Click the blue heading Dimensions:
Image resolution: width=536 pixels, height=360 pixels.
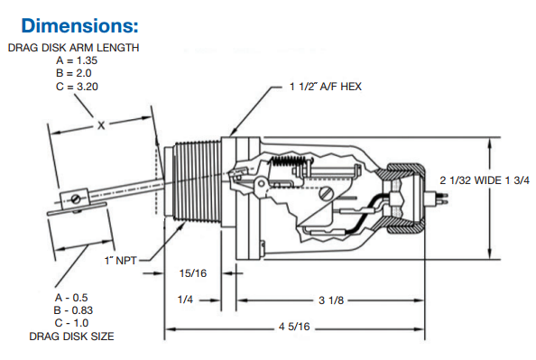[79, 25]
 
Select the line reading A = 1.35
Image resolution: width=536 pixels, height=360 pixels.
[77, 60]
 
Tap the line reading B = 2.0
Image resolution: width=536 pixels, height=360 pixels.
[74, 73]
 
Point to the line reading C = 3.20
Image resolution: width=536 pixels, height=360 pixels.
[77, 87]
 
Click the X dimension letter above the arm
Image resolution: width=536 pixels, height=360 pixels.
[101, 125]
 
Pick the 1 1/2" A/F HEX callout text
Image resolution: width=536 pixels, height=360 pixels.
[326, 87]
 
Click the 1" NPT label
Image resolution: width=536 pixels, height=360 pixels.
[120, 261]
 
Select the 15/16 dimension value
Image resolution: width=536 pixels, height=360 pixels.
[193, 273]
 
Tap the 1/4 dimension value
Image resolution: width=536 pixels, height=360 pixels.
[185, 300]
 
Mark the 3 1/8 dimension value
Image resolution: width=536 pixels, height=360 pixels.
[331, 300]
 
